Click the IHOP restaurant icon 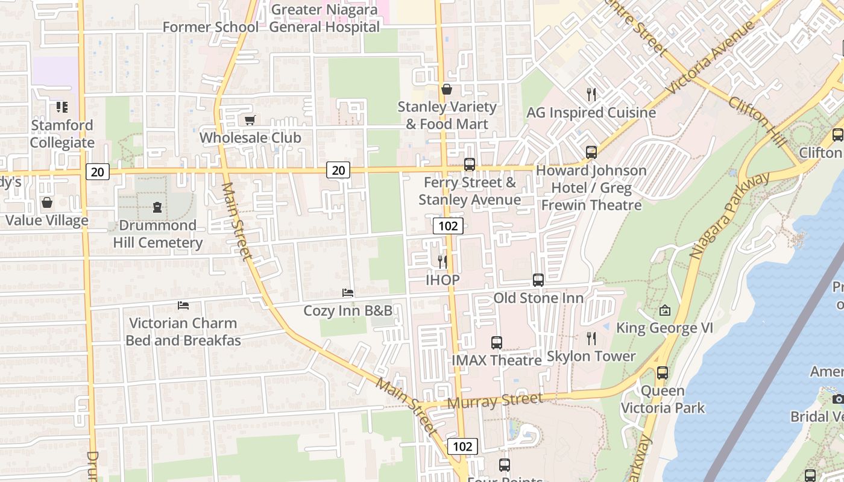click(442, 262)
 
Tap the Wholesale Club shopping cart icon click(250, 120)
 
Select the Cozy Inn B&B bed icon click(348, 293)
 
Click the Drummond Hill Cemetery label click(157, 234)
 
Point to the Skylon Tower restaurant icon click(591, 339)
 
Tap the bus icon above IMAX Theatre click(497, 343)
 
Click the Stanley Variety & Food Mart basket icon click(447, 90)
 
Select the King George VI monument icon click(665, 311)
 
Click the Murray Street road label click(495, 401)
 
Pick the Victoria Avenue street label click(711, 58)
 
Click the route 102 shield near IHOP click(447, 226)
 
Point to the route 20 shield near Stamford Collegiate click(97, 172)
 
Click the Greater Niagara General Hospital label click(324, 18)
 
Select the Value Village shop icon click(47, 203)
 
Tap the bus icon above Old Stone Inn click(538, 280)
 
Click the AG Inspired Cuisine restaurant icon click(591, 95)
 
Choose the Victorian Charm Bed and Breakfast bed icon click(183, 305)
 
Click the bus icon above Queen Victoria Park click(663, 373)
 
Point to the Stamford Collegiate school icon click(62, 107)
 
